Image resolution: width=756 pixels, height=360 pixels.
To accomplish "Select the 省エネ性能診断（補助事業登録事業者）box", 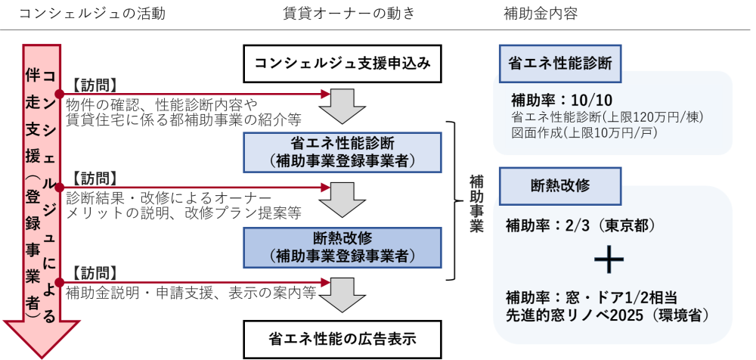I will pos(342,151).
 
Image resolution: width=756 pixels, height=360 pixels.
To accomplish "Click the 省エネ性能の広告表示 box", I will pos(342,337).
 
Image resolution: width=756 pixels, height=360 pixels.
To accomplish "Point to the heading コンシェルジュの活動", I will pos(91,14).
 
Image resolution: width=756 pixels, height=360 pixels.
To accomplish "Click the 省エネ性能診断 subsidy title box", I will pos(560,63).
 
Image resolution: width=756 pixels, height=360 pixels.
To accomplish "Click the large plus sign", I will pos(609,259).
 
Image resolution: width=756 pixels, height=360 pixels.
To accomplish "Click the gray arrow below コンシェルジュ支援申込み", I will pos(342,105).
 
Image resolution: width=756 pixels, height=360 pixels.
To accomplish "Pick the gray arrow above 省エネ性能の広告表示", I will pos(342,293).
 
